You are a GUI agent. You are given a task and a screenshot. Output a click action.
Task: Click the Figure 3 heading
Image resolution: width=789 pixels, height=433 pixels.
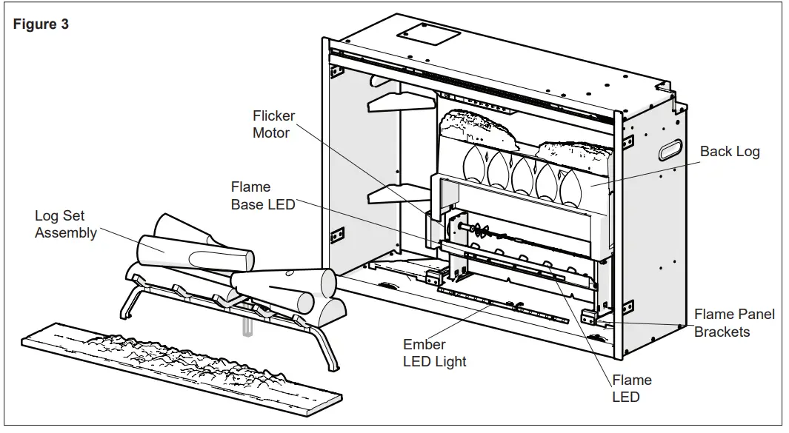(x=41, y=24)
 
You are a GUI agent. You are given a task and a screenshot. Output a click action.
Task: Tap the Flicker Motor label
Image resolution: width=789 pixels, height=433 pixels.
(x=273, y=124)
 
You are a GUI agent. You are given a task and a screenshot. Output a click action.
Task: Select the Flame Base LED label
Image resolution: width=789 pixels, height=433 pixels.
(x=263, y=195)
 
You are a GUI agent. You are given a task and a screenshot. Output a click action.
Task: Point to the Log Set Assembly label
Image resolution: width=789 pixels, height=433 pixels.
(x=65, y=224)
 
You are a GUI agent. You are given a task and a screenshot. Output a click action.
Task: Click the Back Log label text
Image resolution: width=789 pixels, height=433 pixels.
(x=730, y=152)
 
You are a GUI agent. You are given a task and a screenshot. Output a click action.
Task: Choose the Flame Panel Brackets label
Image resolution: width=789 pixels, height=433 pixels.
(x=734, y=323)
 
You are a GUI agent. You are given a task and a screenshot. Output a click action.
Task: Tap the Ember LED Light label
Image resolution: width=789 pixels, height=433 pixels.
(x=435, y=353)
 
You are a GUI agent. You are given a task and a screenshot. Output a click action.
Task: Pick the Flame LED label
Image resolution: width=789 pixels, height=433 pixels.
(x=632, y=389)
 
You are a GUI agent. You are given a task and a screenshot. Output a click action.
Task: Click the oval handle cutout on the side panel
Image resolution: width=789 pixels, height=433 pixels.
(x=672, y=150)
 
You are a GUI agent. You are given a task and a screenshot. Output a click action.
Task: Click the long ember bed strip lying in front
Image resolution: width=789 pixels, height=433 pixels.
(x=182, y=368)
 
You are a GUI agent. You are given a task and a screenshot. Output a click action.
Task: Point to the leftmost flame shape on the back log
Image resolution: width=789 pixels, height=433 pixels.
(x=474, y=163)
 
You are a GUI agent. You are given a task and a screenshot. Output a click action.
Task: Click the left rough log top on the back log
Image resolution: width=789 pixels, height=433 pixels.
(x=478, y=128)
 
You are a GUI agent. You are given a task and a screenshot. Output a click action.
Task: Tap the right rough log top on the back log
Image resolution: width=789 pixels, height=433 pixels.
(x=575, y=155)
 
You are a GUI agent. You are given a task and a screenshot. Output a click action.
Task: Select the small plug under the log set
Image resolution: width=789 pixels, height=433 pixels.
(x=247, y=320)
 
